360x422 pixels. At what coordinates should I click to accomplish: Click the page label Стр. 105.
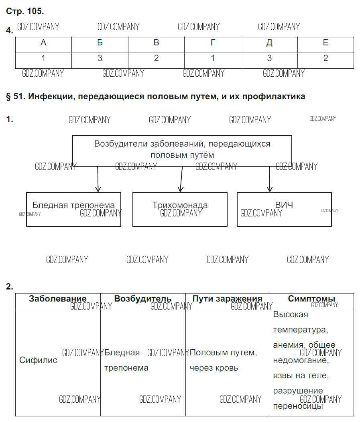tap(25, 11)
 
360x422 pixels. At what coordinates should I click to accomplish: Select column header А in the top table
tap(43, 43)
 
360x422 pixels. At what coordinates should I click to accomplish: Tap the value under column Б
tap(100, 59)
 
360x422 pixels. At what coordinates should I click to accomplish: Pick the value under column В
tap(157, 59)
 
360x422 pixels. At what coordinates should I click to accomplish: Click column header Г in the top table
tap(213, 43)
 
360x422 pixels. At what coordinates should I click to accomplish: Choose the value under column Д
tap(269, 59)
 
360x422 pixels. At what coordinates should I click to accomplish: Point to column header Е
tap(325, 43)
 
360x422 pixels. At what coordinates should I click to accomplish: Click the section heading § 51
tap(156, 96)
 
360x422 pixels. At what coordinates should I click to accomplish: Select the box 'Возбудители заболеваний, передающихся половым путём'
tap(182, 149)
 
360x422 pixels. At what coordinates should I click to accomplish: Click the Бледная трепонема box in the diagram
tap(73, 209)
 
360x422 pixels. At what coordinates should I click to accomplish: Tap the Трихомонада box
tap(180, 209)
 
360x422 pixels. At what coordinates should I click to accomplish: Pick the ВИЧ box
tap(284, 209)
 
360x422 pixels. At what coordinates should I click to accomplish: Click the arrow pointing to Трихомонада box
tap(181, 179)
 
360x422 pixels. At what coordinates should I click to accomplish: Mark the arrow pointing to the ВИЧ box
tap(270, 179)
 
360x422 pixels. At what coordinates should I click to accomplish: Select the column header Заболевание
tap(58, 299)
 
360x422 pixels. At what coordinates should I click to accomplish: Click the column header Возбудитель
tap(143, 299)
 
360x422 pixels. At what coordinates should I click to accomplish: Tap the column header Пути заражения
tap(227, 299)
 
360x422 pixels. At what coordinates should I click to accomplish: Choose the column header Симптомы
tap(311, 299)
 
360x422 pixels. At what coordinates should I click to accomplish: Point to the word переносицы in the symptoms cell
tap(298, 406)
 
